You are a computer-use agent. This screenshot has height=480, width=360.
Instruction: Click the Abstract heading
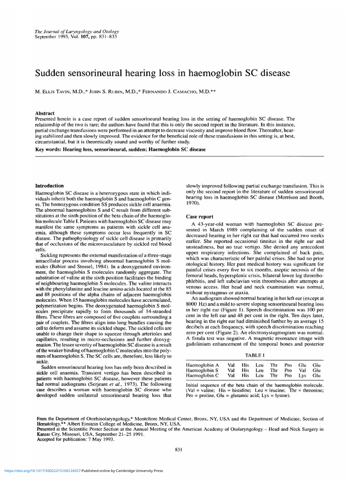(45, 113)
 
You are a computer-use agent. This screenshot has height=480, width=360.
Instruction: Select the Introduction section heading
(50, 186)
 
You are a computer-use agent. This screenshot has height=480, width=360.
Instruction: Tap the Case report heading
(200, 217)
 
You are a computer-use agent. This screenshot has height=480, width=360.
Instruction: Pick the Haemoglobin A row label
(202, 364)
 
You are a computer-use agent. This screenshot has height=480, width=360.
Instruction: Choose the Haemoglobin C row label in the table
(202, 375)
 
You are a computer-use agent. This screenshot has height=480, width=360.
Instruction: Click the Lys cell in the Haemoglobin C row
(302, 375)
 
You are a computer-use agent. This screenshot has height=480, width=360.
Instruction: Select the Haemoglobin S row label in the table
(202, 370)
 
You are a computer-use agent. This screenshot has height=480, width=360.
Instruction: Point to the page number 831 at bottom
(178, 450)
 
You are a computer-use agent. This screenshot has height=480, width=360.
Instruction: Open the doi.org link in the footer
(42, 471)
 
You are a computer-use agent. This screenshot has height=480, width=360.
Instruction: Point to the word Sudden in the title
(51, 73)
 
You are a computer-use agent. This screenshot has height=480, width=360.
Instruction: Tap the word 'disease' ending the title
(274, 73)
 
